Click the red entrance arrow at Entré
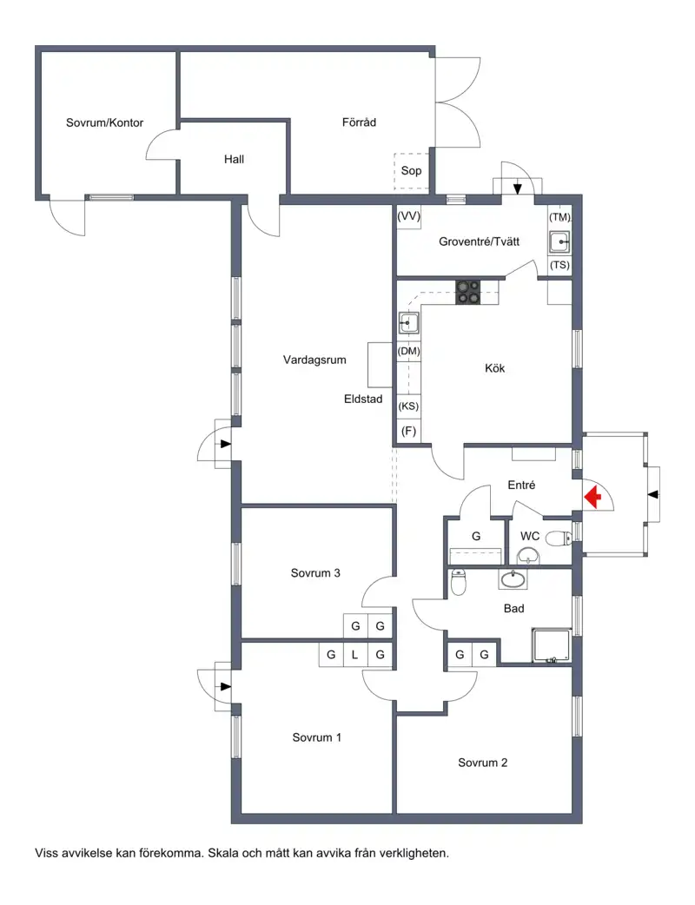(x=592, y=497)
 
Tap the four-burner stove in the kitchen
(x=467, y=292)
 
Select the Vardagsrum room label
(x=314, y=360)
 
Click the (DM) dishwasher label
(x=408, y=351)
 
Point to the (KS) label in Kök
(x=408, y=406)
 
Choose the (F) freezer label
(x=408, y=431)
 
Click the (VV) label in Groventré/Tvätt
(x=408, y=216)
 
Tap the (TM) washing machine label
(x=559, y=217)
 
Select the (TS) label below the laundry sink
(x=559, y=265)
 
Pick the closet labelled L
(x=355, y=655)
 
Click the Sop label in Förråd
(x=411, y=171)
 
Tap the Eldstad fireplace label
(x=363, y=399)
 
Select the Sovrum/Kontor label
(x=104, y=122)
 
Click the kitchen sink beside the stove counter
(x=408, y=323)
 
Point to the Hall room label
(x=234, y=159)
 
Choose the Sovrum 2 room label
(x=482, y=763)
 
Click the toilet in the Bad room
(x=458, y=582)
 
